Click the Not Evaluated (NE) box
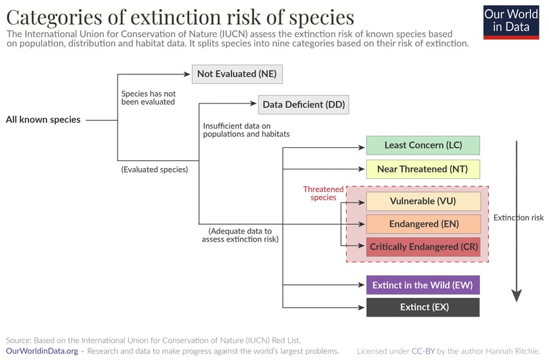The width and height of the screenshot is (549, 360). click(x=237, y=74)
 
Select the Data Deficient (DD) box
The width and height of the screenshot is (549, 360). click(x=304, y=105)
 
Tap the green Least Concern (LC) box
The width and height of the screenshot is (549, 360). click(x=423, y=145)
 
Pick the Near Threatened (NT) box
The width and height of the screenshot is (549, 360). click(x=423, y=169)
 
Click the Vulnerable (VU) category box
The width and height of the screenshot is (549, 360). click(x=423, y=201)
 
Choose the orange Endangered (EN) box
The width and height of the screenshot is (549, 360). click(x=423, y=224)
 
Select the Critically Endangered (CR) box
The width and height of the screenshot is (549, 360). click(x=423, y=247)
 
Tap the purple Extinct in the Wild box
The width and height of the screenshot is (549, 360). click(x=423, y=285)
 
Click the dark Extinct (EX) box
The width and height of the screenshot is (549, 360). click(x=423, y=307)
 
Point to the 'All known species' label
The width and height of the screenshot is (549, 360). click(x=43, y=120)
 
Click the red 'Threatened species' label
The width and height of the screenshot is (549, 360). click(x=324, y=193)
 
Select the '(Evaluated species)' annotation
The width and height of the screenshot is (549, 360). click(x=154, y=169)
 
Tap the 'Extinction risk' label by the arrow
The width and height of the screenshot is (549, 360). click(x=519, y=218)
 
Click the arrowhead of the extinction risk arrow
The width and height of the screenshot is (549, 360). click(x=516, y=296)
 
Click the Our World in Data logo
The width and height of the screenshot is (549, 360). click(x=511, y=22)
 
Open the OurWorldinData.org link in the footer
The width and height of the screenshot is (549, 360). click(x=42, y=351)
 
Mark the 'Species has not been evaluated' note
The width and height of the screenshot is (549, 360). click(x=149, y=98)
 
